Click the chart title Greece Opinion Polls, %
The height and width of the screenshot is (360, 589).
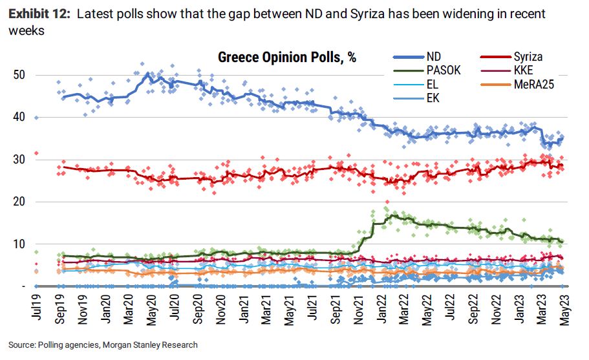click(x=287, y=57)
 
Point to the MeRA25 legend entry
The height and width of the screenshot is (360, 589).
click(x=531, y=84)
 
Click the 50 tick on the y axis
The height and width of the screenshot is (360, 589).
click(x=20, y=75)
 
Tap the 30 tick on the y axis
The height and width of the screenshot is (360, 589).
click(x=20, y=160)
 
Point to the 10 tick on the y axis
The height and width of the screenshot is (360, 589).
click(x=20, y=244)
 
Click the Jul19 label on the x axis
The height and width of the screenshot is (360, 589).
click(x=36, y=310)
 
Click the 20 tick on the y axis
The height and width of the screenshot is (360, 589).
click(x=20, y=202)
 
